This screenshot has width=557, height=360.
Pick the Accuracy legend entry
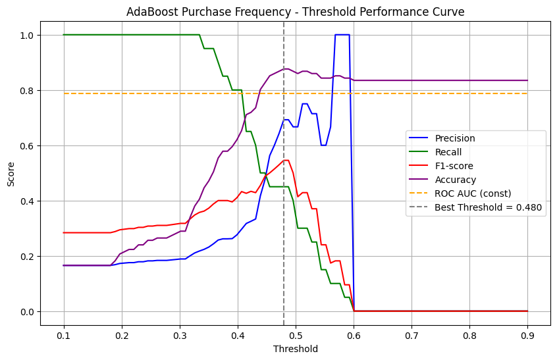point(455,180)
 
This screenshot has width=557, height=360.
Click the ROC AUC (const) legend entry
point(472,193)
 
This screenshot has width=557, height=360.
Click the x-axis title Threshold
point(296,349)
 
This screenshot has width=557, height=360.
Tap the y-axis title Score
point(11,173)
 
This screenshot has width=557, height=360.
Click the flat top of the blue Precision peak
point(342,35)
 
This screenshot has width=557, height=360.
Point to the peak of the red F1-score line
point(286,161)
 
